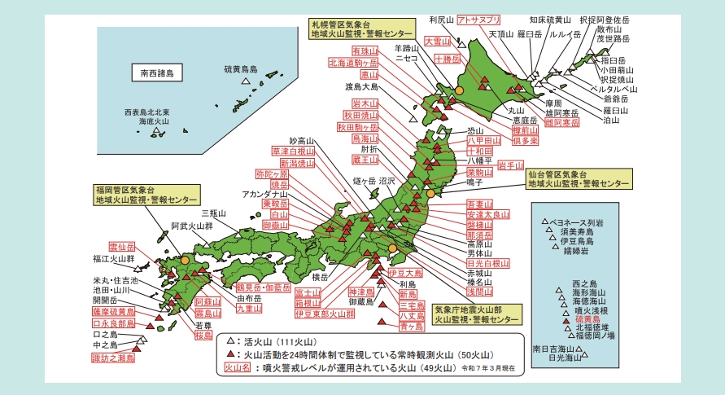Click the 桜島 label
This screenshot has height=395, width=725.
click(x=203, y=334)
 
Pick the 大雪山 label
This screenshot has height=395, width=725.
click(x=438, y=40)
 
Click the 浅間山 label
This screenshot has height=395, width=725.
click(x=480, y=291)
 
